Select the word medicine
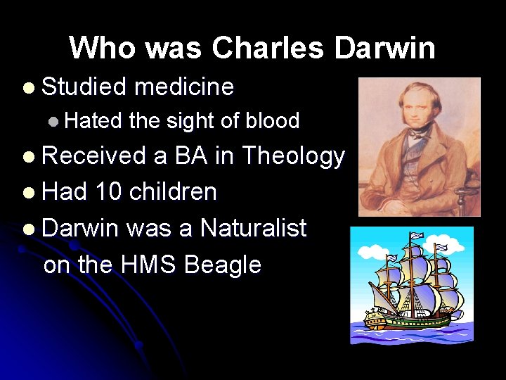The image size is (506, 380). [x=183, y=87]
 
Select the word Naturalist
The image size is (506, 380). [x=253, y=228]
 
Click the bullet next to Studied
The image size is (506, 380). [x=27, y=88]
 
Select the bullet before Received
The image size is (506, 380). [x=27, y=157]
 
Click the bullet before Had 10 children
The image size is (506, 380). [x=27, y=192]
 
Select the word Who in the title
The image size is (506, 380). [x=96, y=48]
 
